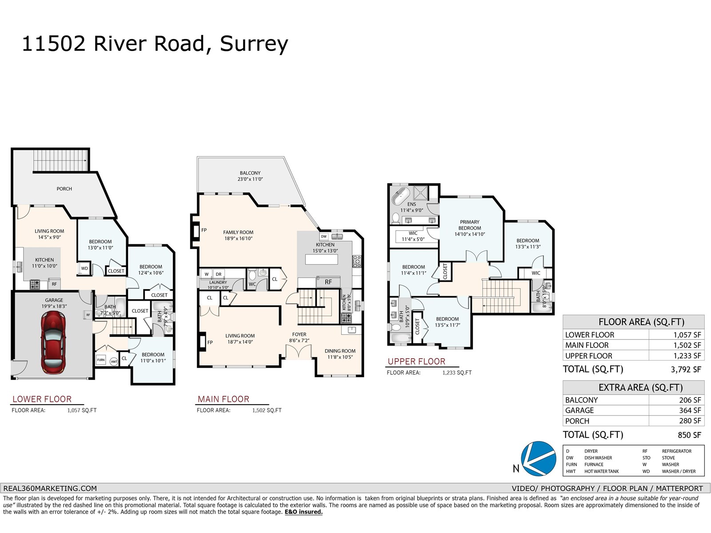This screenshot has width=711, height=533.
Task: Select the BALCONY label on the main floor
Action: point(250,173)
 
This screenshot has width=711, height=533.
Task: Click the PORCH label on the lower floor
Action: point(64,189)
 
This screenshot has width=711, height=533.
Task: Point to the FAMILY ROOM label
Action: point(238,232)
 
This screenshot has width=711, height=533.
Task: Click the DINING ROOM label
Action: point(340,351)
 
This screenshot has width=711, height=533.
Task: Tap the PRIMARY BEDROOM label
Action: point(470,225)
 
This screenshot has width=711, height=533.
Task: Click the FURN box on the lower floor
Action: point(101,360)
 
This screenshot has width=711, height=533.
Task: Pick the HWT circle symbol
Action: point(114,361)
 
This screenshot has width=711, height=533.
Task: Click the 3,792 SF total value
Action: point(686,369)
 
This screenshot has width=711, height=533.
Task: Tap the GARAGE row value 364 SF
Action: point(690,410)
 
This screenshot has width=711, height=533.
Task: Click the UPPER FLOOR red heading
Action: point(416,361)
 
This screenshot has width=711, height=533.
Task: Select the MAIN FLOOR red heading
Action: point(223,399)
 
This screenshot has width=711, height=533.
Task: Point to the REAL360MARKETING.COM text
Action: point(50,488)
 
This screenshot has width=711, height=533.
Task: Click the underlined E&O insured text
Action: point(304,512)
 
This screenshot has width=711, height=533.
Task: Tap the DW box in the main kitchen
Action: point(324,237)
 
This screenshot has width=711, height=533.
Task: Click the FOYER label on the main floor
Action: point(299,334)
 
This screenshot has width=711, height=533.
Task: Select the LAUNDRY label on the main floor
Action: point(218,282)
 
